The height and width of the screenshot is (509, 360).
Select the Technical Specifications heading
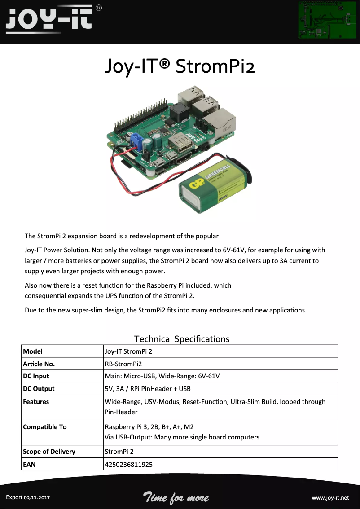182,339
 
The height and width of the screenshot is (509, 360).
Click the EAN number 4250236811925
128,464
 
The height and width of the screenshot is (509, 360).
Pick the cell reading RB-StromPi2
123,364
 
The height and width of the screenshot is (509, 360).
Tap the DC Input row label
36,376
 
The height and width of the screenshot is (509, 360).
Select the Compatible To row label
44,427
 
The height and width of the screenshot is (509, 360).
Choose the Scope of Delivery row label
49,452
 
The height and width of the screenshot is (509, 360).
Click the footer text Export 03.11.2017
27,498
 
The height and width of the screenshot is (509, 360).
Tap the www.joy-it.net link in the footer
330,498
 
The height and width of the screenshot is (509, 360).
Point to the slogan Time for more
176,497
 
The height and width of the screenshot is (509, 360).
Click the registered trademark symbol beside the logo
99,8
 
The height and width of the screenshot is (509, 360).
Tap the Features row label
36,402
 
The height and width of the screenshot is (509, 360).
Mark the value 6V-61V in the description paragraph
234,250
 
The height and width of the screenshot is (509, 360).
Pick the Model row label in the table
33,351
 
